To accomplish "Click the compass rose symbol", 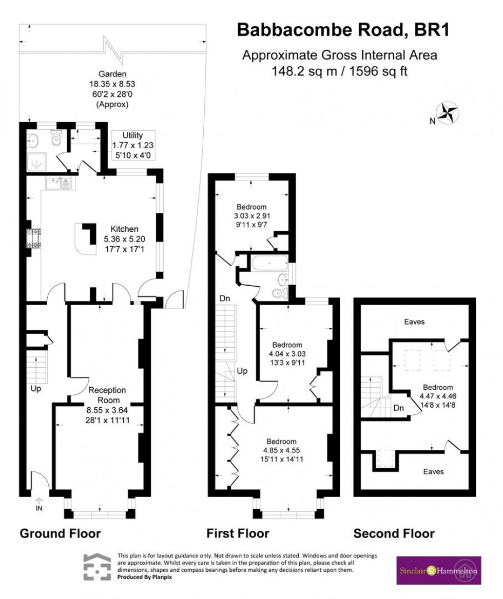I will pos(447,113).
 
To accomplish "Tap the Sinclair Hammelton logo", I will pos(439,570).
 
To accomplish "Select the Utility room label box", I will pos(133,146).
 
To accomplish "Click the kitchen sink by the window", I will pos(58,183).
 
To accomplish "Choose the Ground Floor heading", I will pos(60,533).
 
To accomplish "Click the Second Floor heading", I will pos(394,533).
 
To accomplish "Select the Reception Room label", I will pos(107,395).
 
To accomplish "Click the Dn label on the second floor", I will pos(398,409).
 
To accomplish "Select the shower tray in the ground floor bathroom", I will pos(36,161).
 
